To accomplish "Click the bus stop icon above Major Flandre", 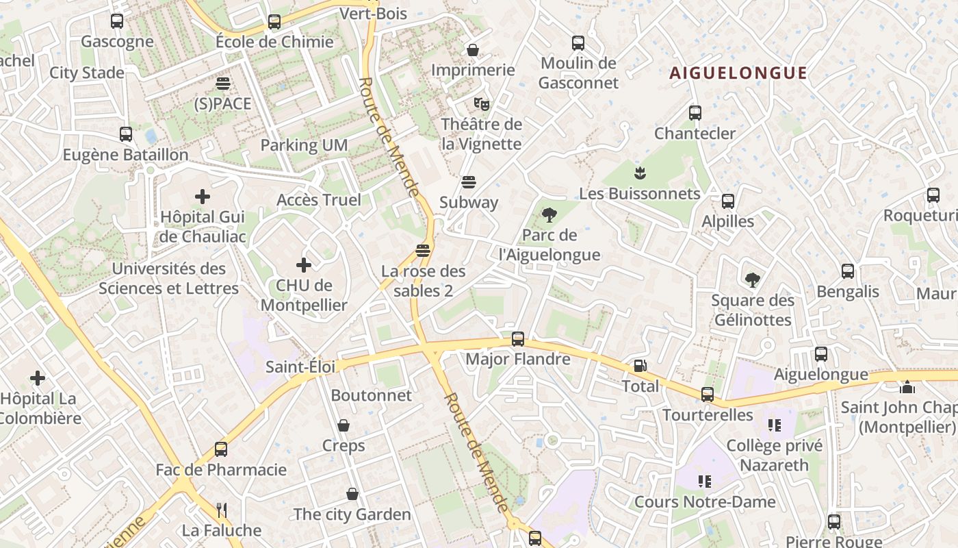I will [518, 338].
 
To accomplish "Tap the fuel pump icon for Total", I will [640, 366].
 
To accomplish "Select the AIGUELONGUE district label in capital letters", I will [738, 73].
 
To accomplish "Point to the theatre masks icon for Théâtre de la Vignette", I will [482, 104].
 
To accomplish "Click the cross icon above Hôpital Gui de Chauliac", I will [203, 197].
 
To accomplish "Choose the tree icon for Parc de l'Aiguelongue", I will [549, 215].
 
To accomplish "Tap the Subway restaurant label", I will [469, 202].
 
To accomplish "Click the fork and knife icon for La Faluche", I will [221, 510].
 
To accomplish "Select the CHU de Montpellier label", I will [304, 295].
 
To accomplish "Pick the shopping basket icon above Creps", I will [344, 425].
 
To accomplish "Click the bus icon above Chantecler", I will [695, 113].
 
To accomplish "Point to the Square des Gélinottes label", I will [752, 310].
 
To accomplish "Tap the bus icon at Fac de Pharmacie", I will [220, 449].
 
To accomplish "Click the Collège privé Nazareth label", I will [775, 456].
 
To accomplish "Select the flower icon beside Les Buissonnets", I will [640, 171].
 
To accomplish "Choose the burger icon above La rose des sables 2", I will [423, 250].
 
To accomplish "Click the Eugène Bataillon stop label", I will [125, 155].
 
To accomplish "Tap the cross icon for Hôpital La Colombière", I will [38, 377].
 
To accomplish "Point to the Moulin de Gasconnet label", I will [578, 73].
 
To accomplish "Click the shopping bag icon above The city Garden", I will [352, 494].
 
